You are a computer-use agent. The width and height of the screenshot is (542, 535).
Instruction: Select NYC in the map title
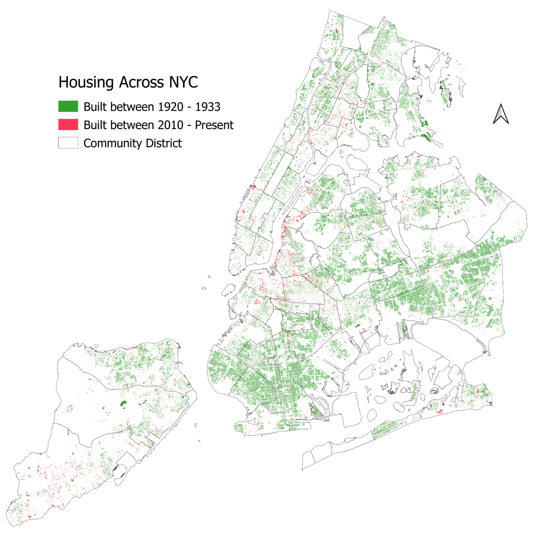(x=183, y=82)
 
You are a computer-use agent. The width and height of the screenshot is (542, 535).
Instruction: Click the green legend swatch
(x=68, y=106)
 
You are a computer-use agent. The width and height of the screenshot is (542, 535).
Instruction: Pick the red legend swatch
(x=68, y=125)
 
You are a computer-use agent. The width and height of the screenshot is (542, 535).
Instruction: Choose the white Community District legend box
(x=68, y=143)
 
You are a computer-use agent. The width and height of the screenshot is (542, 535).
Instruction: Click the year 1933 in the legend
(x=208, y=107)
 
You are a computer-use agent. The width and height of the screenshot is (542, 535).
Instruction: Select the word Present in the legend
(x=214, y=125)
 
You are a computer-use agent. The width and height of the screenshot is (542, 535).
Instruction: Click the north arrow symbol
(x=501, y=114)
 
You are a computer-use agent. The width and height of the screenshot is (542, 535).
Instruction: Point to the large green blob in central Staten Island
(x=123, y=404)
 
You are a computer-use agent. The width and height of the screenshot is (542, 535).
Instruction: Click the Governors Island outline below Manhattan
(x=228, y=289)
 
